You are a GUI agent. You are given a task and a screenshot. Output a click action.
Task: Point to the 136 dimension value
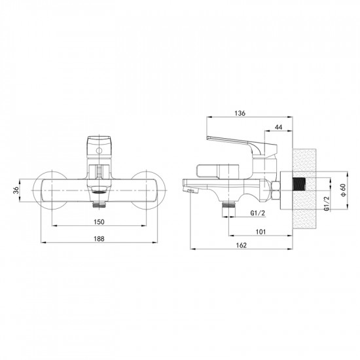coord(240,113)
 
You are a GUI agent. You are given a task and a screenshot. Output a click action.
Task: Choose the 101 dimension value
coord(260,230)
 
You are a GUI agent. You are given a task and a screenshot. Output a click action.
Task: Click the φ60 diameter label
coord(343,189)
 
